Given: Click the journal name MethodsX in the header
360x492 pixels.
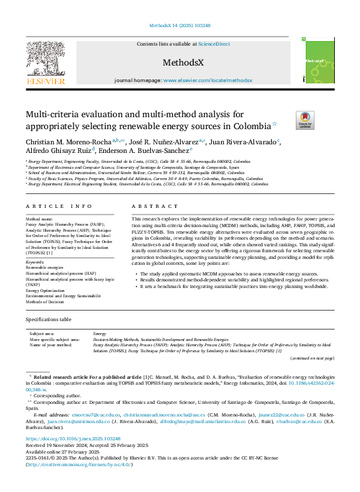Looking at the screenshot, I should coord(179,61).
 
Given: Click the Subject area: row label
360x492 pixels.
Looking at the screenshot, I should coord(42,334).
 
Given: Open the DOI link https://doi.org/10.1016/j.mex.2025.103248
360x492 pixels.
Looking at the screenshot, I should coord(73,439).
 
